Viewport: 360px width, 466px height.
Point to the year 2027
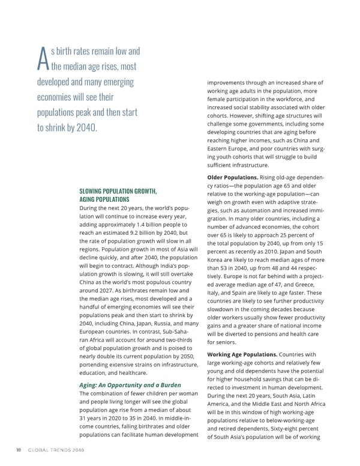click(124, 290)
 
